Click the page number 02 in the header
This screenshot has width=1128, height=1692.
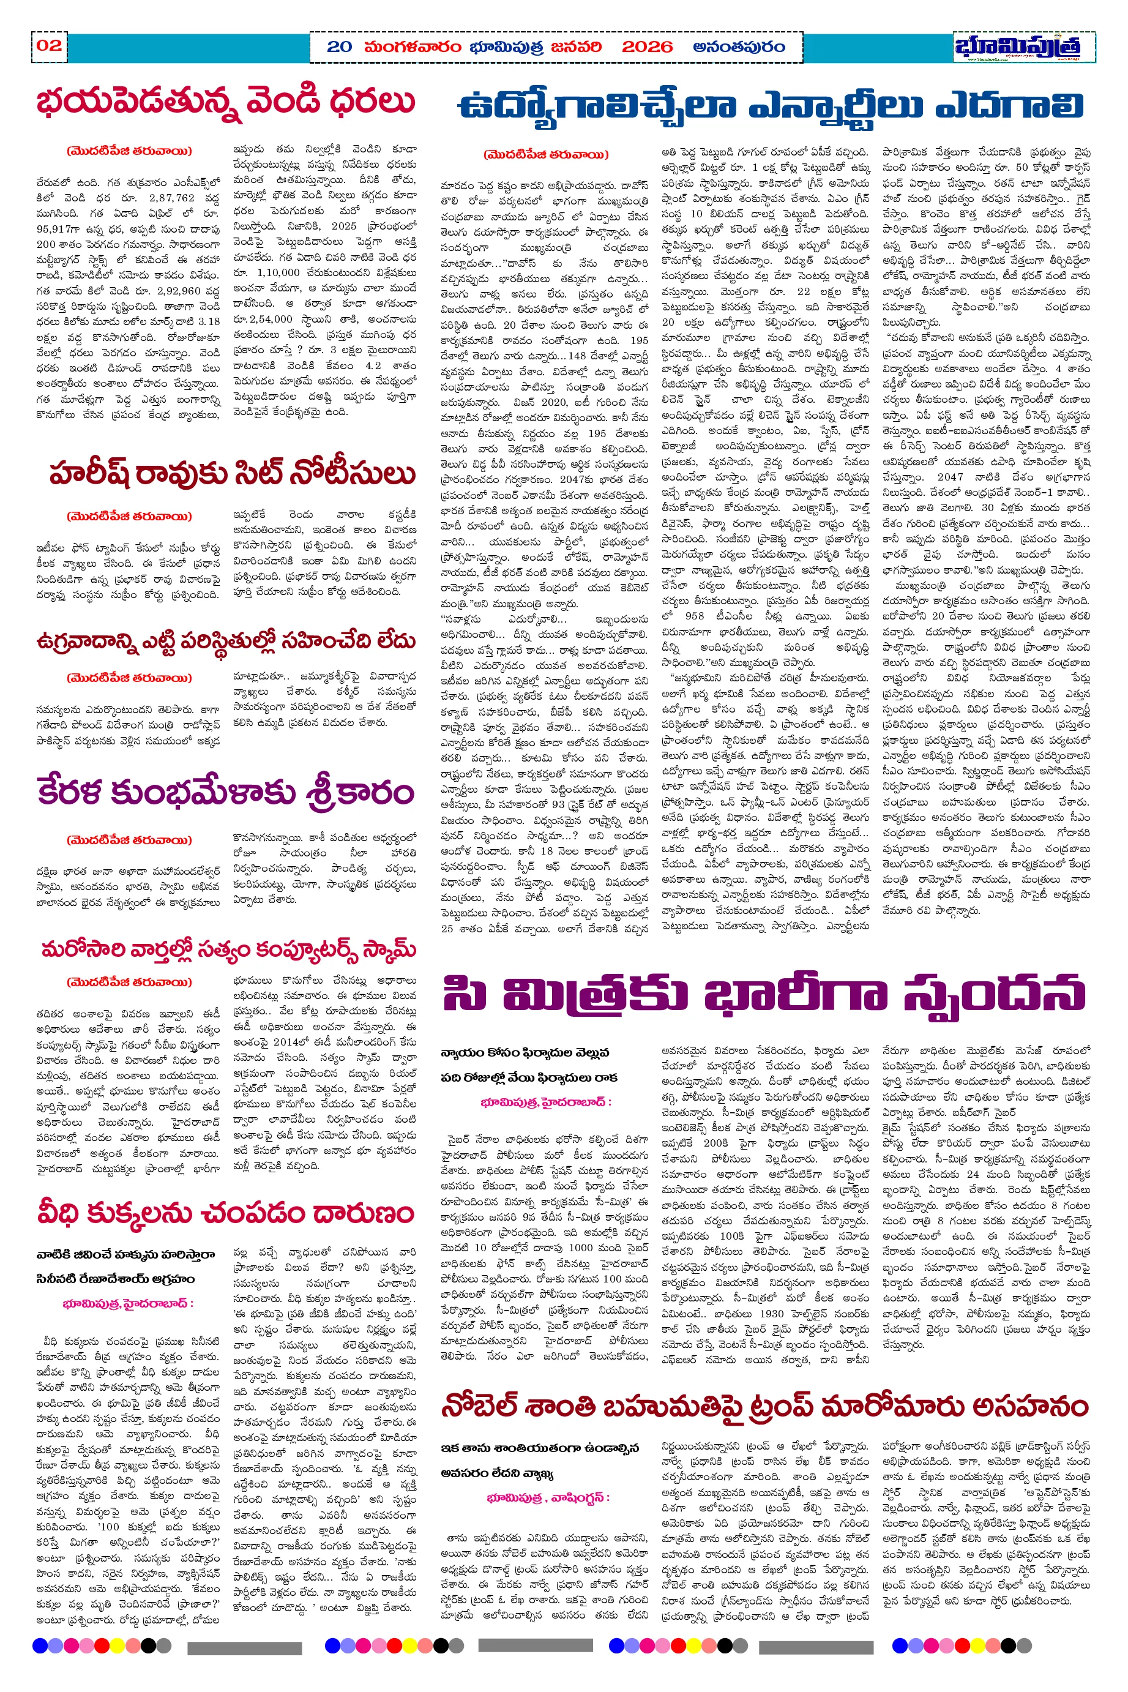tap(49, 45)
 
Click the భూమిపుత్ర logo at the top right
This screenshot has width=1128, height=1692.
tap(1017, 46)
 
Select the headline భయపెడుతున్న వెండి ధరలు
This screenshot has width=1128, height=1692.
tap(226, 102)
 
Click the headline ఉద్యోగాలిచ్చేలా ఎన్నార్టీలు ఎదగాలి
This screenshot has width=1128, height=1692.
tap(771, 107)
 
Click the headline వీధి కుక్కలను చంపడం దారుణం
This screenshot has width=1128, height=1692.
tap(226, 1213)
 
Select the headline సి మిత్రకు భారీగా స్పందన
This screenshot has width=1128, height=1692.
tap(764, 995)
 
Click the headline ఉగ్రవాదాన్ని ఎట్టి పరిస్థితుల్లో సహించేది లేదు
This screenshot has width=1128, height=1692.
tap(226, 640)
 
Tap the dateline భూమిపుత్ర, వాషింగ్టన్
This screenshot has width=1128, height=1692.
tap(547, 1498)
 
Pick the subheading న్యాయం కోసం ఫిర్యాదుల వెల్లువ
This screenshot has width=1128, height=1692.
tap(525, 1052)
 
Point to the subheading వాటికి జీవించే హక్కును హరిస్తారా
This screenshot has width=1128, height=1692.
tap(126, 1254)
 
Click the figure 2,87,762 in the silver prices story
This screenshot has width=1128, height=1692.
tap(172, 197)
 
